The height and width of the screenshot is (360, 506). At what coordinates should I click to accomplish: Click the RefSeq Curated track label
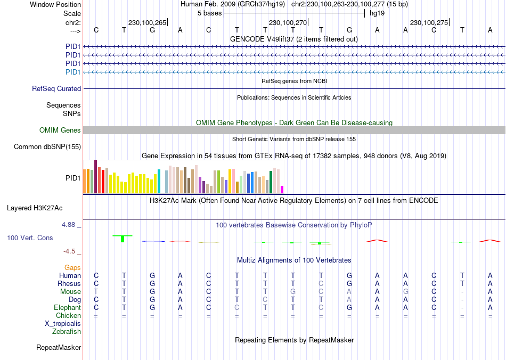click(56, 89)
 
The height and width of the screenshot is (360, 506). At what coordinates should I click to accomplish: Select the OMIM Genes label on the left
click(60, 130)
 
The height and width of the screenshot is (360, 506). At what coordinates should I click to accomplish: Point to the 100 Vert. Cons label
click(30, 238)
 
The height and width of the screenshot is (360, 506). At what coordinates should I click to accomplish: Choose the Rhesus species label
click(69, 284)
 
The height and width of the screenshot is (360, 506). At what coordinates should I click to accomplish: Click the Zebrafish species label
click(67, 332)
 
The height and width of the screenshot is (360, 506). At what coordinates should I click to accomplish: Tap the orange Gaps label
click(72, 268)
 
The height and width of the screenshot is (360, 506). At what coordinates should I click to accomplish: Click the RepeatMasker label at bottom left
click(59, 348)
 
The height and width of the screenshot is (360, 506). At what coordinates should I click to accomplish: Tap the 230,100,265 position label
click(148, 22)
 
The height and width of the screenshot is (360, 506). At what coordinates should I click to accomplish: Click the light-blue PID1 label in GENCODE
click(73, 72)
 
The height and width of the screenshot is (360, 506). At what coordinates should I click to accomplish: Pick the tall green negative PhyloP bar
click(123, 239)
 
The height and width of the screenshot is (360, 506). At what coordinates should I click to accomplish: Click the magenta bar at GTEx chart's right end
click(282, 189)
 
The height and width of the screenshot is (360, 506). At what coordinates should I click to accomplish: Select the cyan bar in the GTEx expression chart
click(159, 181)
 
